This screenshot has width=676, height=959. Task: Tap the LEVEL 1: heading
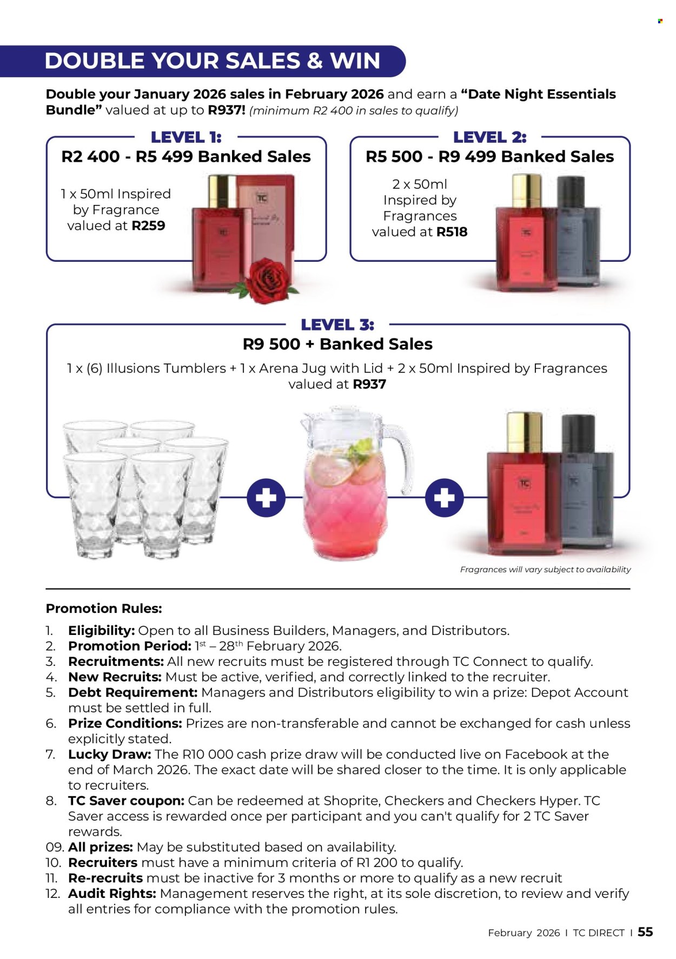click(186, 137)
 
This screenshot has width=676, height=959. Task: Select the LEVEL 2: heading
click(489, 137)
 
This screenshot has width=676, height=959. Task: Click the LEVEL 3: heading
click(337, 325)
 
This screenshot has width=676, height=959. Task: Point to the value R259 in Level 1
click(149, 226)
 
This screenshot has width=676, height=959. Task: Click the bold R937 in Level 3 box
click(369, 385)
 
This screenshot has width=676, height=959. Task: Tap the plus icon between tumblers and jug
click(266, 497)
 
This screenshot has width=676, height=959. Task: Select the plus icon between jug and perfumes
click(444, 497)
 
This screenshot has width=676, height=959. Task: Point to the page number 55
click(645, 932)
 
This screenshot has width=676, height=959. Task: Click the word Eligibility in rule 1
click(101, 631)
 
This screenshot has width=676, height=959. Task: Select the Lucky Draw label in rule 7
click(109, 755)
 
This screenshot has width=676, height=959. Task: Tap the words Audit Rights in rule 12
click(112, 894)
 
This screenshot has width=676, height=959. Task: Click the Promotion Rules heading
click(104, 609)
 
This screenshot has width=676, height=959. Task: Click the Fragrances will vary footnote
click(545, 570)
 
